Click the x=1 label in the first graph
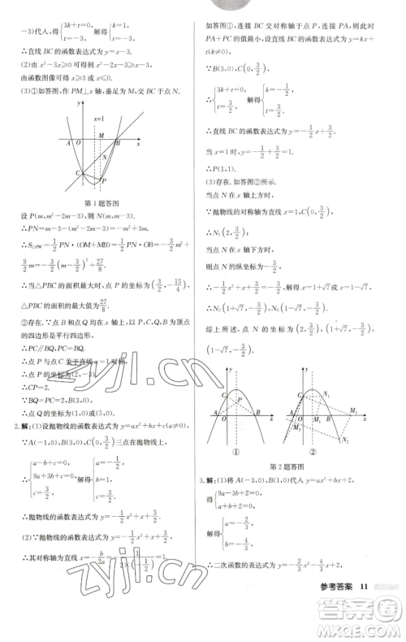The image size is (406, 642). pos(98,118)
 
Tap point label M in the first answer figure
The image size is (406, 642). pos(101,136)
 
